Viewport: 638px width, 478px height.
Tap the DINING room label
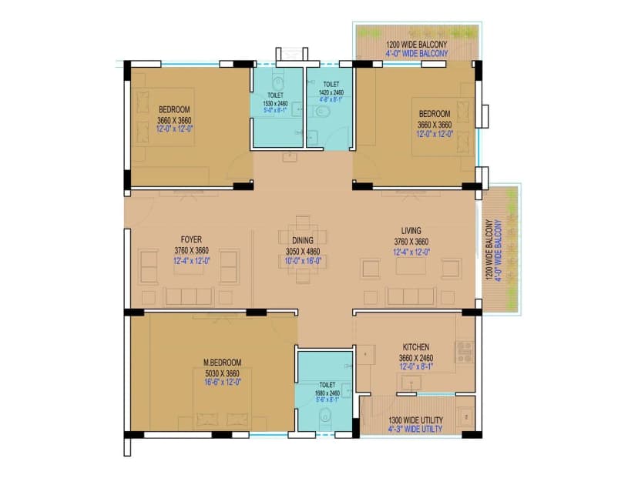302,239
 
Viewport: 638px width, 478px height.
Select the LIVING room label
411,231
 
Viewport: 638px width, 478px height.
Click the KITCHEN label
415,347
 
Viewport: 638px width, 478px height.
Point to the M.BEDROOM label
222,363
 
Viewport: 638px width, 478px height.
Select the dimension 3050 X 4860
302,251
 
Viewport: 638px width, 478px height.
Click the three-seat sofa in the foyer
189,296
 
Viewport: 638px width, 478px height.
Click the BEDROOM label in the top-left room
174,110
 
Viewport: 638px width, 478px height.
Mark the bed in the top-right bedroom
442,127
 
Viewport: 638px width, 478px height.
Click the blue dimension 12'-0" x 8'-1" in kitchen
415,366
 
